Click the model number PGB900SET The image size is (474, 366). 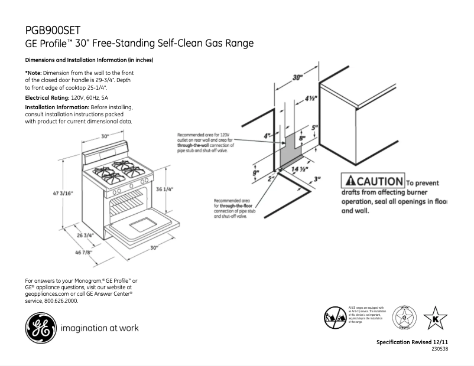pos(53,30)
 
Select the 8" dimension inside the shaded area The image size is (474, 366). pos(301,139)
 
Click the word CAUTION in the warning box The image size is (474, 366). pos(379,181)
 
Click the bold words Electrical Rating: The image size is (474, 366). pos(47,96)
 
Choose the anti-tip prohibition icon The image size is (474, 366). pos(335,318)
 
